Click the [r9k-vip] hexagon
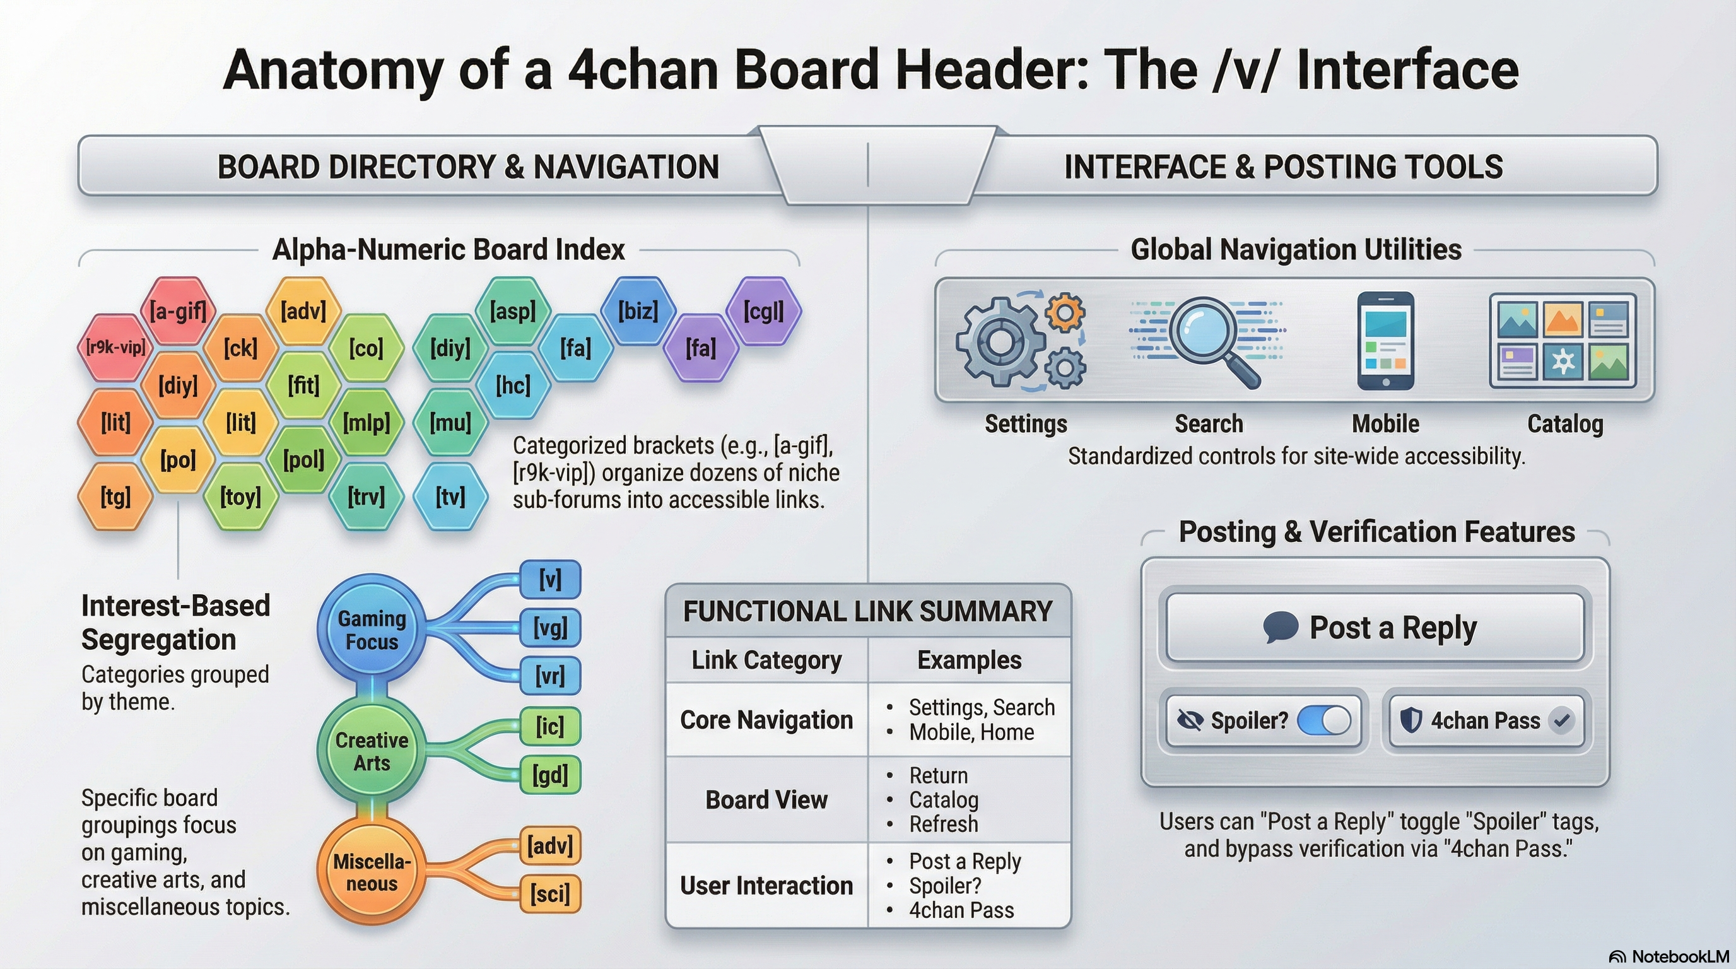[115, 348]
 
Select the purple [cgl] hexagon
[763, 311]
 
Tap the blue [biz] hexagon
[638, 311]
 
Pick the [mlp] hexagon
[366, 423]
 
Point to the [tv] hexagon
[450, 497]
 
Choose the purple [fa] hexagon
[701, 348]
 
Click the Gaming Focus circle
[372, 630]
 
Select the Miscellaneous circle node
[372, 872]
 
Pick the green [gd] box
[550, 775]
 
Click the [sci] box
[550, 894]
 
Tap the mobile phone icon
[1385, 341]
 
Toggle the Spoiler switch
[1323, 720]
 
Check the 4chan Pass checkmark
[1561, 720]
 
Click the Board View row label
[766, 800]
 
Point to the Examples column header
[969, 661]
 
